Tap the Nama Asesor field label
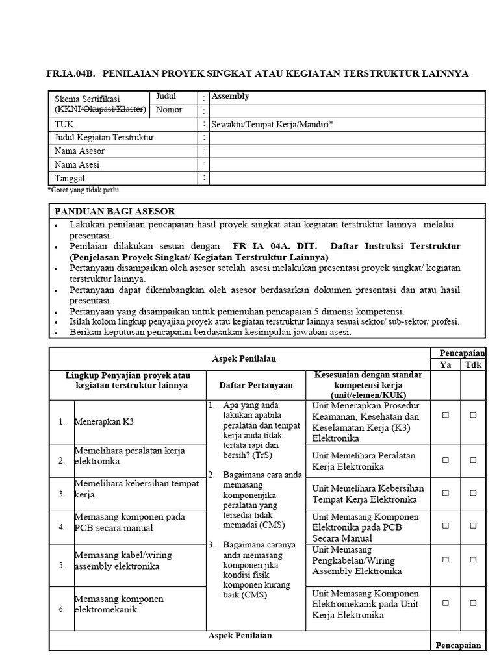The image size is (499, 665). tap(79, 151)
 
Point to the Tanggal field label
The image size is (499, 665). tap(70, 178)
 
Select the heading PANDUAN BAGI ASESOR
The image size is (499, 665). tap(114, 211)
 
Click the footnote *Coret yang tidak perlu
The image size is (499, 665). tap(83, 190)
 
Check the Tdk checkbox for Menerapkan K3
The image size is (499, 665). tap(473, 414)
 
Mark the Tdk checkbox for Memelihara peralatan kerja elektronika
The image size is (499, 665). tap(473, 460)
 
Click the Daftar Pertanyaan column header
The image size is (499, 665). tap(255, 385)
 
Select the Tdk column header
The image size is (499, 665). tap(472, 365)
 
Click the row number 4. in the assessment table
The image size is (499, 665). tap(61, 527)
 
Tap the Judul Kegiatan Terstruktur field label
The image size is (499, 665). tap(104, 137)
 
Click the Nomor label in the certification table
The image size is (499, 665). tap(169, 110)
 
